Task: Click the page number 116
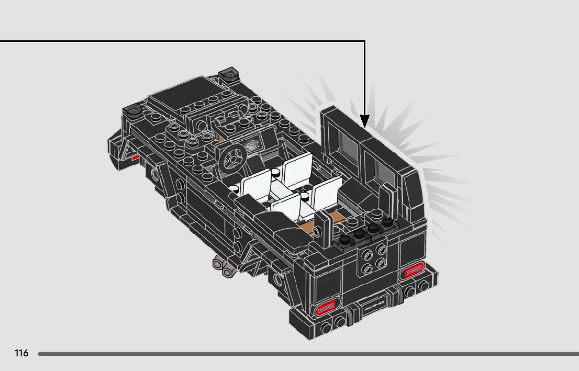coord(21,353)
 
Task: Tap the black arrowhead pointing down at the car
coord(364,122)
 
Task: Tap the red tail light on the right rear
coord(413,271)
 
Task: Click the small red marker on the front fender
coord(136,156)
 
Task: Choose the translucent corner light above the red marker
coord(132,109)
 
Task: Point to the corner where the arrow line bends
coord(364,41)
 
